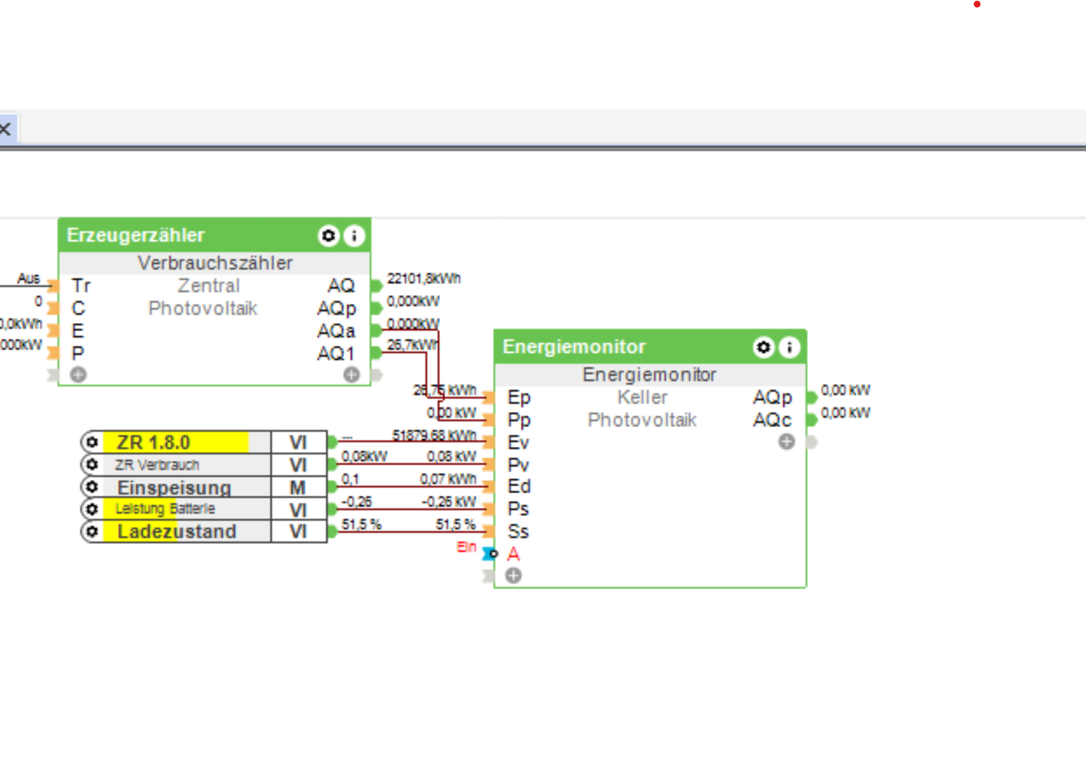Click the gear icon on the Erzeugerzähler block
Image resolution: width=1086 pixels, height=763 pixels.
pos(328,236)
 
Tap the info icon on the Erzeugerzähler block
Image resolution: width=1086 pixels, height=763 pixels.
pos(354,236)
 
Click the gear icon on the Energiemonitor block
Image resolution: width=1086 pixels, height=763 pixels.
pos(763,347)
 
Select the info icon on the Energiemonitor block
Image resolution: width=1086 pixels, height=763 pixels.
pos(790,347)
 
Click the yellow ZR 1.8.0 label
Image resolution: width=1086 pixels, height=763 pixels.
pos(153,442)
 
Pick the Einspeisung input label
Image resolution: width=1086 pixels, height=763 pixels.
pos(174,487)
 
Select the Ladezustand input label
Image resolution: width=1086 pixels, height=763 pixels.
pos(176,531)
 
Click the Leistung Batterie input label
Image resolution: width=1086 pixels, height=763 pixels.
pos(165,509)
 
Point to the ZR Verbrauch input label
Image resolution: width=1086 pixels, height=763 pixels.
pos(157,464)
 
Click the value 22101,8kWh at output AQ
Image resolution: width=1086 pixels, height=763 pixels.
pos(423,279)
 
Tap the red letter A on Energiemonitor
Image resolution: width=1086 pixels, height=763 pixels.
pos(513,554)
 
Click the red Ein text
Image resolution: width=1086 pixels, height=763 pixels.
pos(466,547)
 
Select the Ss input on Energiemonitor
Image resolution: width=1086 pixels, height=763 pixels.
pos(518,531)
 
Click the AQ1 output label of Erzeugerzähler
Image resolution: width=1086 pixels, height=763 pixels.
pos(335,354)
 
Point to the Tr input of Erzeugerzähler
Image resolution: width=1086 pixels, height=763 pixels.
pos(81,285)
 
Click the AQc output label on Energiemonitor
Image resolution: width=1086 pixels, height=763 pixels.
pos(772,420)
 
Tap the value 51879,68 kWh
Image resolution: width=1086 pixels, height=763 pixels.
pos(434,435)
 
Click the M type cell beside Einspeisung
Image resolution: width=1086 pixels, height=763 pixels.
pos(298,487)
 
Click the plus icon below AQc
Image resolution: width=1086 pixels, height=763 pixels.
pos(787,441)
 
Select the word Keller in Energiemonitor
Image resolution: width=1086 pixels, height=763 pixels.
pos(642,398)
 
